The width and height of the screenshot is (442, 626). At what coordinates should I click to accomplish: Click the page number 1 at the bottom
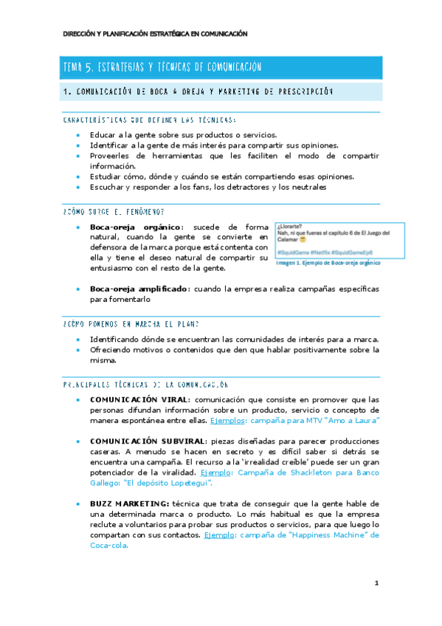[x=376, y=584]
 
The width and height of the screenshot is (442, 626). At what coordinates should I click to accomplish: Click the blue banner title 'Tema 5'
[x=163, y=67]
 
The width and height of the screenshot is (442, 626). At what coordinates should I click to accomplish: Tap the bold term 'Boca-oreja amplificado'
[x=138, y=288]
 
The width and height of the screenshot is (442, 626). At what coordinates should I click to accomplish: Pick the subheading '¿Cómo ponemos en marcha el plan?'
[x=131, y=324]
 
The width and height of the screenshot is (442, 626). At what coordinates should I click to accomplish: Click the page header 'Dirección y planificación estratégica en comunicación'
[x=155, y=34]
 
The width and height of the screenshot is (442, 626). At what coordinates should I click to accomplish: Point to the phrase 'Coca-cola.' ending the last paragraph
[x=108, y=546]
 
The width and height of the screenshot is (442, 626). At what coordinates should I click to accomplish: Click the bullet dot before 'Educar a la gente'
[x=79, y=136]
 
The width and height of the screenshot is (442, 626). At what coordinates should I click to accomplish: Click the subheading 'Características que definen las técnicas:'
[x=149, y=120]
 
